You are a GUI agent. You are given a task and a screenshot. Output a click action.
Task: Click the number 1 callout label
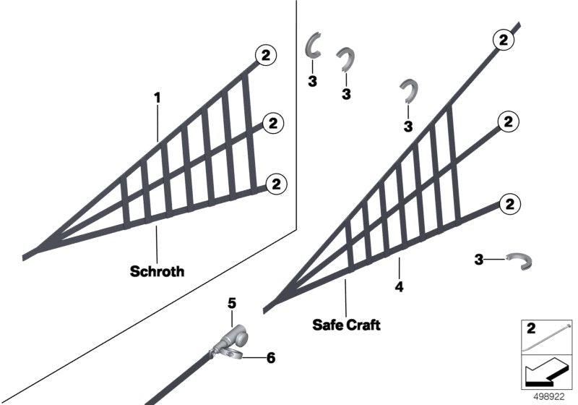[x=157, y=96]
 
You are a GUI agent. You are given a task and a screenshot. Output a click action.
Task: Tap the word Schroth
[x=157, y=272]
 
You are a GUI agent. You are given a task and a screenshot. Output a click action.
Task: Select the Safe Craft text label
[x=346, y=325]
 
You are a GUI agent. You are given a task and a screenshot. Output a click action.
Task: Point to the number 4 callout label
[x=399, y=286]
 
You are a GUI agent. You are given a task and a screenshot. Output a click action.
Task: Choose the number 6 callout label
[x=271, y=357]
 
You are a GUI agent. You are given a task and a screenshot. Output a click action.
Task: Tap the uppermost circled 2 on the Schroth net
[x=265, y=54]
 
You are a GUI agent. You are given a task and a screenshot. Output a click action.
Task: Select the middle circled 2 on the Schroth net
[x=273, y=124]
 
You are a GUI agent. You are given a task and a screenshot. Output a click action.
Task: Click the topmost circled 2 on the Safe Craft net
[x=502, y=40]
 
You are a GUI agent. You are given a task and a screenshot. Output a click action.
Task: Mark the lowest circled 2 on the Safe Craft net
[x=509, y=204]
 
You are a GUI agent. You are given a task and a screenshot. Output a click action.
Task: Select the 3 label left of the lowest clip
[x=478, y=258]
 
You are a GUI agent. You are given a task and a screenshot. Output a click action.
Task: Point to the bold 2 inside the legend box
[x=530, y=329]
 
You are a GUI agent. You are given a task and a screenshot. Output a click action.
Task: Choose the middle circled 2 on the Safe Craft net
[x=509, y=122]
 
